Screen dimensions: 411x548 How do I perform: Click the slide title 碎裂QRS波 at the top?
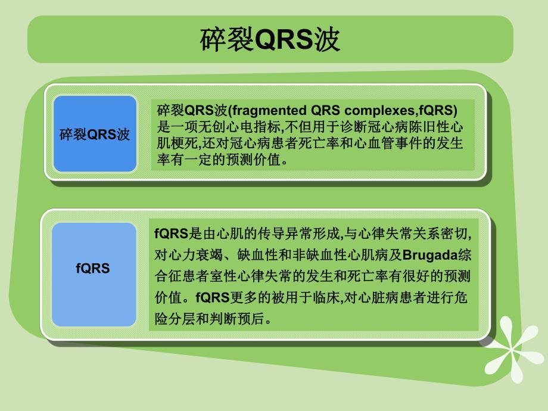pyautogui.click(x=270, y=40)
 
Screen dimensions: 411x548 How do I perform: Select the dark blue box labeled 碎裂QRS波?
pyautogui.click(x=95, y=134)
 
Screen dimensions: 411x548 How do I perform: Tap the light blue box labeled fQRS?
pyautogui.click(x=93, y=269)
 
